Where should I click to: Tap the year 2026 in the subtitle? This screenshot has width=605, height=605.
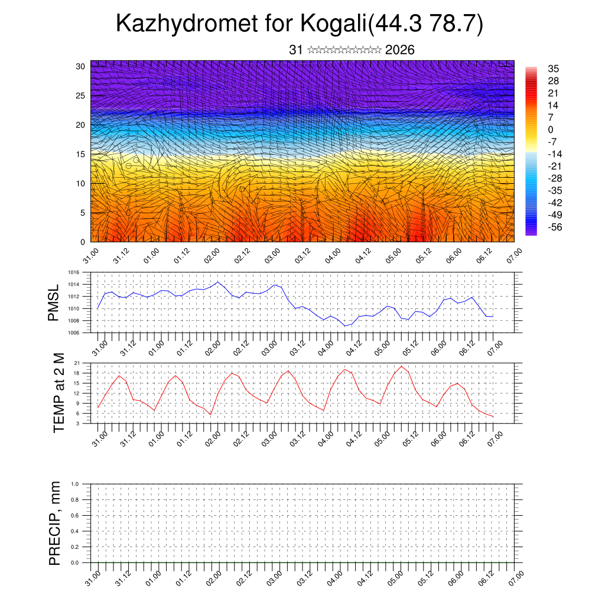click(x=399, y=50)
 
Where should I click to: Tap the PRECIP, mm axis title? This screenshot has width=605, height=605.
click(x=55, y=523)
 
